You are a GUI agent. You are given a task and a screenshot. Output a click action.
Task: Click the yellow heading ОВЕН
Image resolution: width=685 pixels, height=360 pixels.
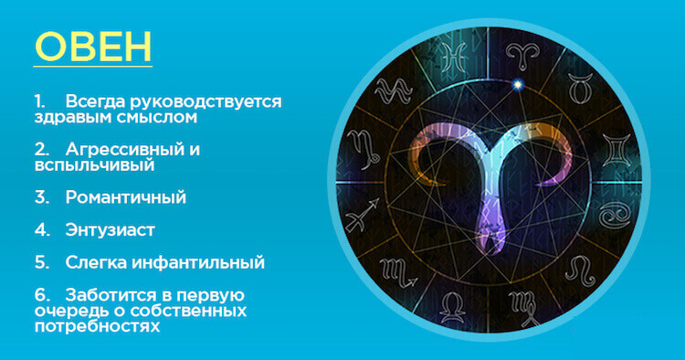tap(93, 47)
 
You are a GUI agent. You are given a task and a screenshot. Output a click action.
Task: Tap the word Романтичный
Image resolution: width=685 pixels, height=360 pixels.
tap(126, 197)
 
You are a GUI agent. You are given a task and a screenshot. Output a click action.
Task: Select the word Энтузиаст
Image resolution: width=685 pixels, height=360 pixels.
tap(111, 230)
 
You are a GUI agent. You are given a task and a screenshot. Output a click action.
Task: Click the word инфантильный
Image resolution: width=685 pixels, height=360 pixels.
tap(198, 262)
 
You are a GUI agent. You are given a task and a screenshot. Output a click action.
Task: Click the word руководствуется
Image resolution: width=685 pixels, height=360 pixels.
tap(205, 102)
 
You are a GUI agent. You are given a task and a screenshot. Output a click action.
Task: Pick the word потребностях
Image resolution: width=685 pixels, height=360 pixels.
tap(97, 326)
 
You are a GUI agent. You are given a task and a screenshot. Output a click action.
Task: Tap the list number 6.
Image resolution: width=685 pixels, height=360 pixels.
tap(42, 295)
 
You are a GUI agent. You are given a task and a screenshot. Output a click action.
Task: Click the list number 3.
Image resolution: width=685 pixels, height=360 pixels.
tap(42, 197)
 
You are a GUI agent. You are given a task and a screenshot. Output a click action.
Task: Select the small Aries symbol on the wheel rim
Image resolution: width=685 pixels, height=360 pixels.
tap(522, 56)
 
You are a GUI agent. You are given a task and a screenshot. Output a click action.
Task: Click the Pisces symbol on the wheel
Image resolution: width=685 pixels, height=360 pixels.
tap(453, 57)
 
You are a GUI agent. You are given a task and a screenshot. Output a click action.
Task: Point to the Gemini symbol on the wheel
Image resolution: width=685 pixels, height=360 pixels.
tap(616, 150)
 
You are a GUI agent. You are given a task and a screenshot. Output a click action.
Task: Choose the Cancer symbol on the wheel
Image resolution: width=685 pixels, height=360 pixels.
tap(615, 216)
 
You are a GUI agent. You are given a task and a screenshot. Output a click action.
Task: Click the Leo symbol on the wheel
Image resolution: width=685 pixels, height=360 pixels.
tap(580, 270)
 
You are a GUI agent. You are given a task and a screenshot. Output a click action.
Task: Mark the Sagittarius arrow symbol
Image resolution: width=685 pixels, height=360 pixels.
tap(363, 215)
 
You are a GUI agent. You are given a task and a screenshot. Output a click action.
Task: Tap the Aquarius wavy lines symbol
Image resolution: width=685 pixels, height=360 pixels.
tap(394, 90)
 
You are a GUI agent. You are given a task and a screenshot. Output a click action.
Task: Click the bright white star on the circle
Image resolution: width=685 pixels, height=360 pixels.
tap(518, 84)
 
